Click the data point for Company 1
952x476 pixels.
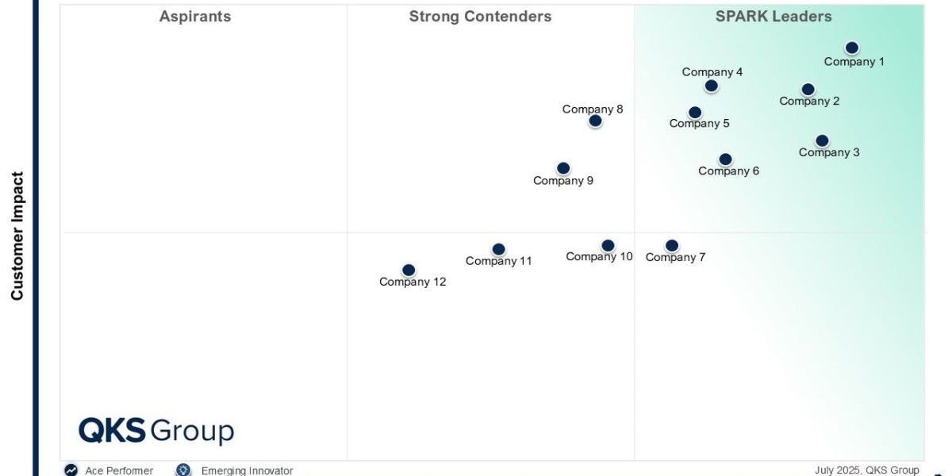click(852, 48)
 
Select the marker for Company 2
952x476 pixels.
click(808, 90)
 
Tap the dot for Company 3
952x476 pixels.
click(822, 141)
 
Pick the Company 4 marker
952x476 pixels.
click(712, 86)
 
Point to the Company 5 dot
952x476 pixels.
click(695, 113)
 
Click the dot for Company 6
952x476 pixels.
click(725, 159)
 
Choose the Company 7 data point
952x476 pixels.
click(672, 246)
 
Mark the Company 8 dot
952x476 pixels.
click(595, 121)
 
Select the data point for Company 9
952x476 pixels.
click(563, 168)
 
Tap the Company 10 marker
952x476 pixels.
click(608, 246)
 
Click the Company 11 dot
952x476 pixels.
click(498, 250)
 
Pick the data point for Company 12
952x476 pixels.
click(409, 271)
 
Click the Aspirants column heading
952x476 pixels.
click(195, 17)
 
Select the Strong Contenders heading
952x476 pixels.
click(480, 17)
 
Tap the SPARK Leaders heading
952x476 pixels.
click(773, 17)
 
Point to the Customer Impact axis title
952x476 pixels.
click(17, 236)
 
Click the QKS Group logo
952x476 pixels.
click(156, 431)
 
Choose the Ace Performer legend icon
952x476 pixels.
click(71, 470)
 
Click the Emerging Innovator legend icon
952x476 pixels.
click(183, 470)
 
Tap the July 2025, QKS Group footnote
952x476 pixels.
click(866, 470)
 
